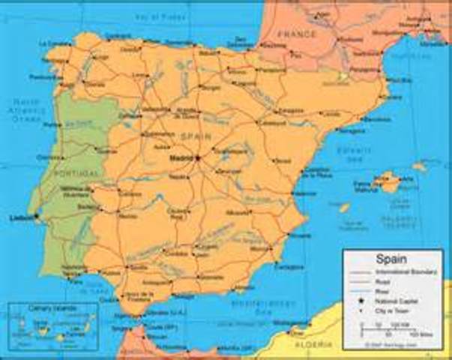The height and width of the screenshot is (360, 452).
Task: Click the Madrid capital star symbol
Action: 198,158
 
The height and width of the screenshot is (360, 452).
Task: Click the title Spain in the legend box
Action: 375,256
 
